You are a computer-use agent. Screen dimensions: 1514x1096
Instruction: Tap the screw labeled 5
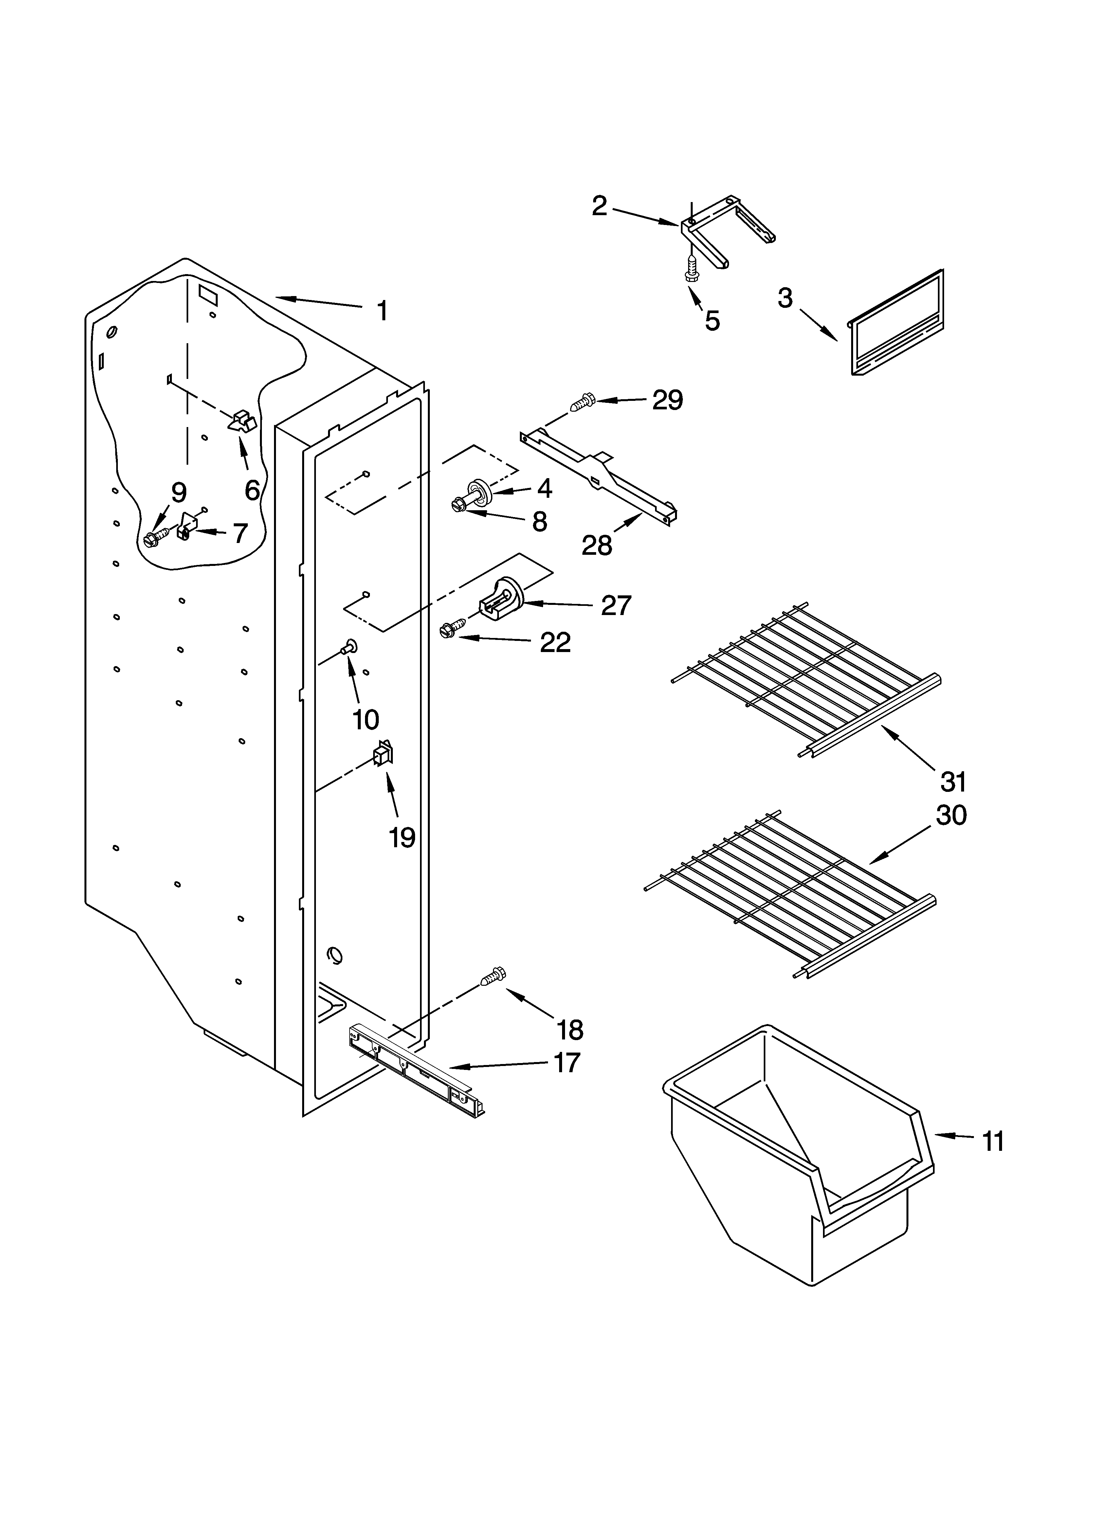[691, 269]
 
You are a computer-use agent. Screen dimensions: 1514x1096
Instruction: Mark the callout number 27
[615, 606]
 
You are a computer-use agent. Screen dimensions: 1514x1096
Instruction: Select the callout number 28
[596, 545]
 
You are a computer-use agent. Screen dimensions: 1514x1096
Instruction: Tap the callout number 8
[539, 521]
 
